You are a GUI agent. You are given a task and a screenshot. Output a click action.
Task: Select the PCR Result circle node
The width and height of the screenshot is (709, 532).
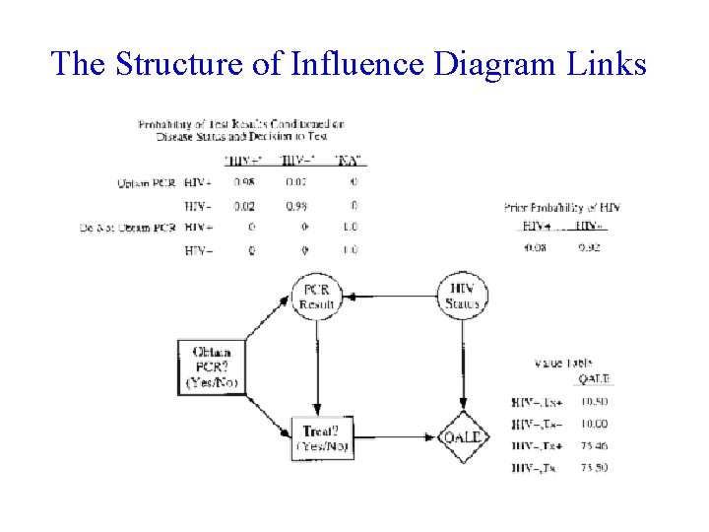[317, 295]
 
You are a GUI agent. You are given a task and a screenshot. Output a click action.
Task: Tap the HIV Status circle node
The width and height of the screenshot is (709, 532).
[463, 295]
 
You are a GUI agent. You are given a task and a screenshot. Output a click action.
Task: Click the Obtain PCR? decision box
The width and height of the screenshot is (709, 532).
[213, 367]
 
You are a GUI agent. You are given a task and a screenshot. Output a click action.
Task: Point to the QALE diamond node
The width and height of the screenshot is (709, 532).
[463, 437]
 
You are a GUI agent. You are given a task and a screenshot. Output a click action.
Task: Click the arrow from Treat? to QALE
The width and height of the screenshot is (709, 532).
[394, 437]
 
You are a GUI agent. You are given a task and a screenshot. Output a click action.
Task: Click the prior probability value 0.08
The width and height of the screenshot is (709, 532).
[535, 247]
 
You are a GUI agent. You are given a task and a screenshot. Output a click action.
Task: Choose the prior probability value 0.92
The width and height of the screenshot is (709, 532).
[589, 247]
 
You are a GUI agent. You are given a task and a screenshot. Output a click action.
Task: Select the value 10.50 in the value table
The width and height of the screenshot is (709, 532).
[593, 402]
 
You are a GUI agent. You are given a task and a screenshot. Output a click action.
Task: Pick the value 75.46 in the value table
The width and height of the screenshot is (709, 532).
[593, 445]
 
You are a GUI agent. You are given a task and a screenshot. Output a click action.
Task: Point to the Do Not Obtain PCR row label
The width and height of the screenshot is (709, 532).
[128, 229]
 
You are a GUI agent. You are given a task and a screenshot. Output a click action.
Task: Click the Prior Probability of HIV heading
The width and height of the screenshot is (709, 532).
[561, 208]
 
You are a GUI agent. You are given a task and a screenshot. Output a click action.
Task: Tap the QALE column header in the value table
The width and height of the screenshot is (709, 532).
[594, 379]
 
